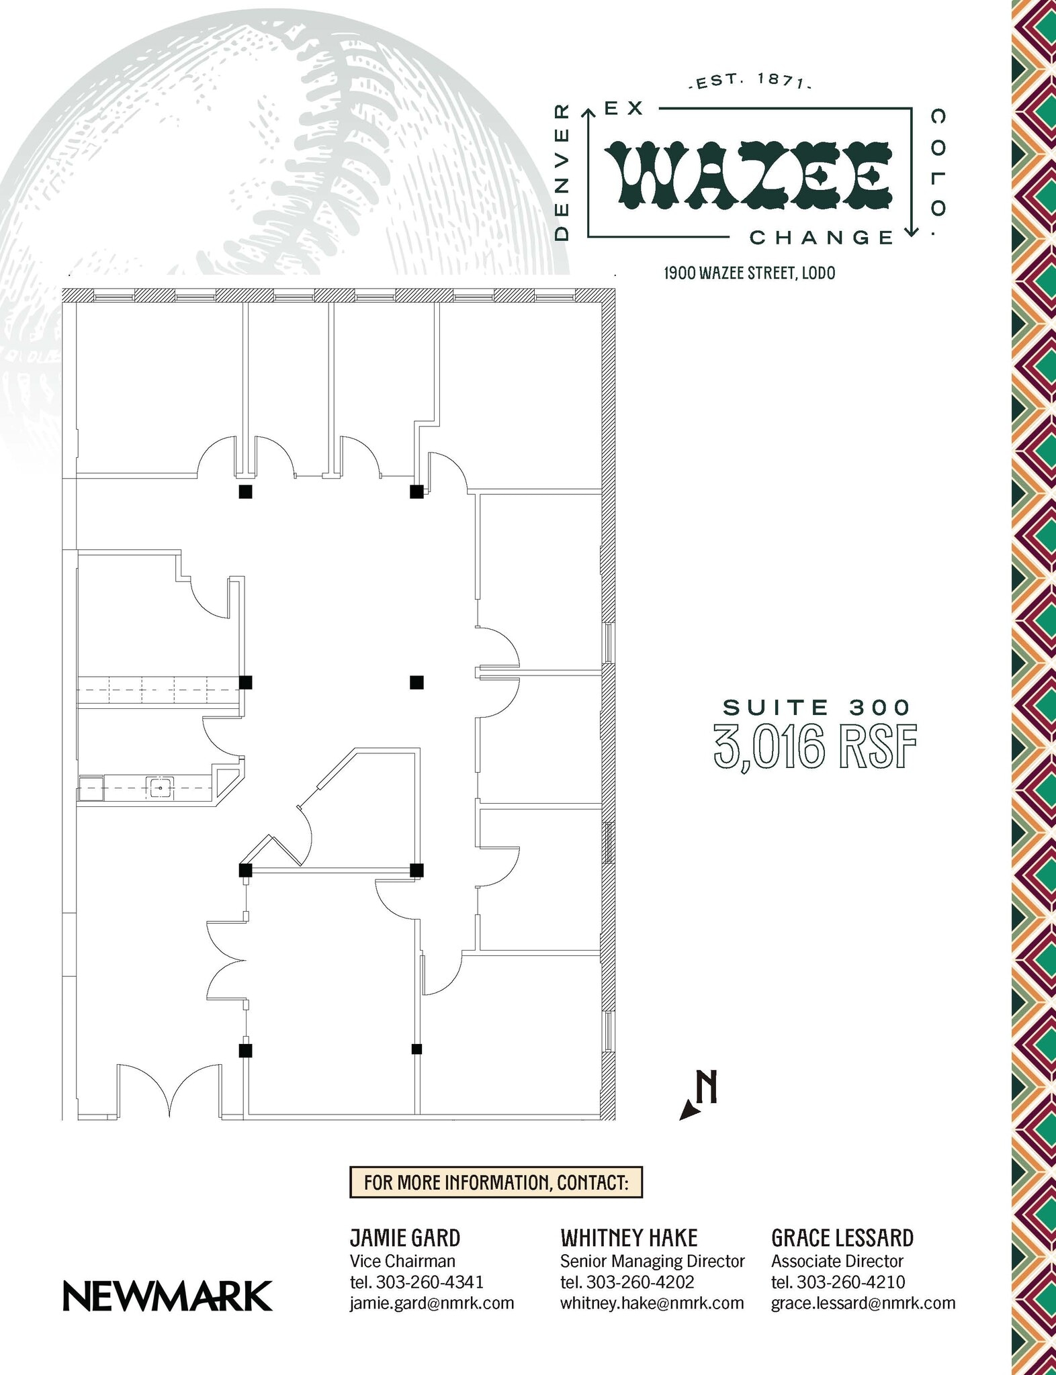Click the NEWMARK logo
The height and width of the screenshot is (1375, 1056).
pos(167,1296)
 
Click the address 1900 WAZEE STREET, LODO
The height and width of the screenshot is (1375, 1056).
pos(749,273)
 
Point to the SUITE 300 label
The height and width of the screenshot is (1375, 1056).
pos(816,707)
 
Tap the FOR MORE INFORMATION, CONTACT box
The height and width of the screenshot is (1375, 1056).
pos(496,1182)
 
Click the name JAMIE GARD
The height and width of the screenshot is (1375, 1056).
pos(404,1237)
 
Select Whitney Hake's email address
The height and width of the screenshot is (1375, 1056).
pos(652,1303)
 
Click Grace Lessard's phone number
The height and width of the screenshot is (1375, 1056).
pos(838,1282)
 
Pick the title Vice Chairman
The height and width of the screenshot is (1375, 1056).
pos(402,1261)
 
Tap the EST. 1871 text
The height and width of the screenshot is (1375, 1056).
pos(750,81)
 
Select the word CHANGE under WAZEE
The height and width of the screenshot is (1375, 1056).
pos(820,238)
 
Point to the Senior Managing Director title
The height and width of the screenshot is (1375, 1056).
pos(652,1261)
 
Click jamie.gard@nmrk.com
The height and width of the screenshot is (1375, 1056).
pos(431,1303)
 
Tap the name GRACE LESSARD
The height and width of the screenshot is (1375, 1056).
pos(842,1237)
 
